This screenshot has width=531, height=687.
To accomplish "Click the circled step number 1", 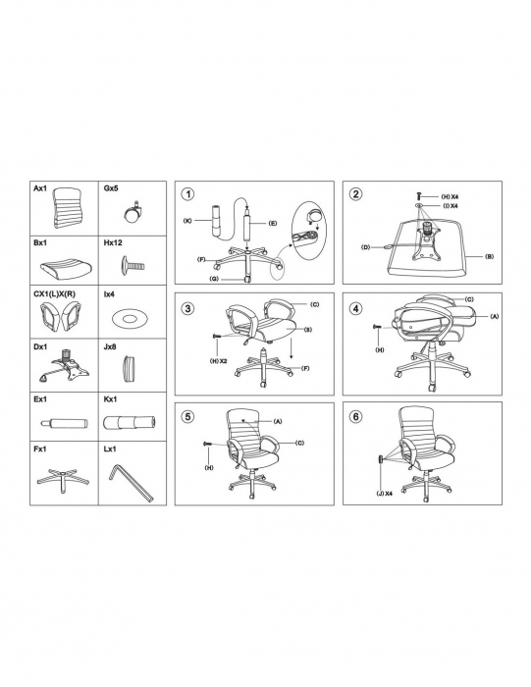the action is point(187,194).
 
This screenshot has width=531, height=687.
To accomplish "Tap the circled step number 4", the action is point(355,308).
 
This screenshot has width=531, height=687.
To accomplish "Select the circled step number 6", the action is point(355,416).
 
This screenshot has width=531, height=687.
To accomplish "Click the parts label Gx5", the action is point(111,188).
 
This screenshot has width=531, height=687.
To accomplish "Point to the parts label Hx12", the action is point(113,242).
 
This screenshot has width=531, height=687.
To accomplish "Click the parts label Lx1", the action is point(110,449).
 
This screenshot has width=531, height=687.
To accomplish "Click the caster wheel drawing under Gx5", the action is point(132,212).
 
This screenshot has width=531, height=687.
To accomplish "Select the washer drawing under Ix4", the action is point(129,319).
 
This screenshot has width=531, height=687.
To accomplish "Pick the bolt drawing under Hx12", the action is point(132,265).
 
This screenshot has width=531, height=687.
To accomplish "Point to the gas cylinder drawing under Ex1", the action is point(65,424).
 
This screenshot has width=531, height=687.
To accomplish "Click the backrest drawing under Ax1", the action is point(68,208).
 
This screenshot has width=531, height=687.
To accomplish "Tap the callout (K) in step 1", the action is point(187,221).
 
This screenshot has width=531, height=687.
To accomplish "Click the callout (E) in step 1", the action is point(273,223).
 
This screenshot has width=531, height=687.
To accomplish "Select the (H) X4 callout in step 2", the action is point(450,196).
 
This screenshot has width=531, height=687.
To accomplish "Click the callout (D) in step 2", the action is point(365,247).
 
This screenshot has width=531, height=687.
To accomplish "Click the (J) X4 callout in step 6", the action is point(384,493).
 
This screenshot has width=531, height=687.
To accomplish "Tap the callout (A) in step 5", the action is point(278,421).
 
